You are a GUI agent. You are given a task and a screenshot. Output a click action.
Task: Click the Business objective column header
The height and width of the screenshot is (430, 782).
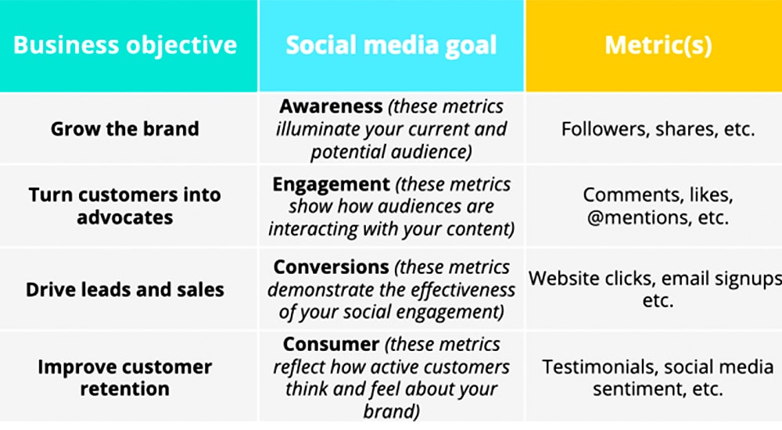tap(124, 45)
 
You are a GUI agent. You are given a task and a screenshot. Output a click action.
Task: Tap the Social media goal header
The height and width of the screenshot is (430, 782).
tap(392, 45)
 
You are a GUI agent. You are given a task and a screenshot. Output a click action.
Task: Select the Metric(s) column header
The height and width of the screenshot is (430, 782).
tap(658, 45)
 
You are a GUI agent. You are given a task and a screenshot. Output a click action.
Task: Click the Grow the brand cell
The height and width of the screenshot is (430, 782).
tap(124, 129)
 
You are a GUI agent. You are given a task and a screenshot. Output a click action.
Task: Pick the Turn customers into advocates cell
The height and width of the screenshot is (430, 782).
tap(124, 206)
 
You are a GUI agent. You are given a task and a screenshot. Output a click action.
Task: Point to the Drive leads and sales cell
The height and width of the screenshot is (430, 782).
tap(124, 289)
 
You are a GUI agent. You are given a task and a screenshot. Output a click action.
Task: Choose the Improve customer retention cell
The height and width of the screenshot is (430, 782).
tap(124, 378)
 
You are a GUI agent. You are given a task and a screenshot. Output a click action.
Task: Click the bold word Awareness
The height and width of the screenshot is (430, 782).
tap(331, 106)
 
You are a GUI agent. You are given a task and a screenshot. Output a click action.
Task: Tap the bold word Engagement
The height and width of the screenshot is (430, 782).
tap(331, 185)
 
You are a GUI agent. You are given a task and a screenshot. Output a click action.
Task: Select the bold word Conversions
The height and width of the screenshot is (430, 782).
tap(331, 267)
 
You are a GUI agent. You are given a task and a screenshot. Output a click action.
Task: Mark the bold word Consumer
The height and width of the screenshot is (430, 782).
tap(331, 344)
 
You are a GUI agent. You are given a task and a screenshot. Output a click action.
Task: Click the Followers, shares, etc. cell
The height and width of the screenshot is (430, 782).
tap(658, 129)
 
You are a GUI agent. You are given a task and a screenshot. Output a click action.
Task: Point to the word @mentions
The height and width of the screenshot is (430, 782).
tap(632, 218)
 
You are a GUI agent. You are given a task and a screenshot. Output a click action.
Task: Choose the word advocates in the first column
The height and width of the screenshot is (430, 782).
tap(124, 218)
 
